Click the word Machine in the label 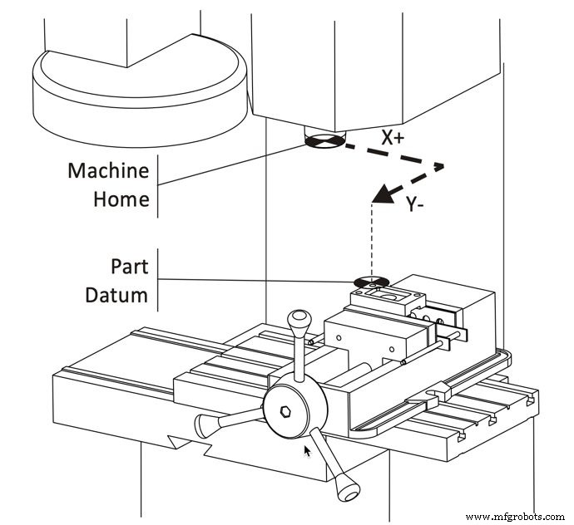(108, 171)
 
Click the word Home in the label (121, 199)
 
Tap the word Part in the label (129, 266)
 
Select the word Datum (117, 294)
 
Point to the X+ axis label (393, 139)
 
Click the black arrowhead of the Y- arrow (383, 195)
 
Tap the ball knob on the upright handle (298, 320)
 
